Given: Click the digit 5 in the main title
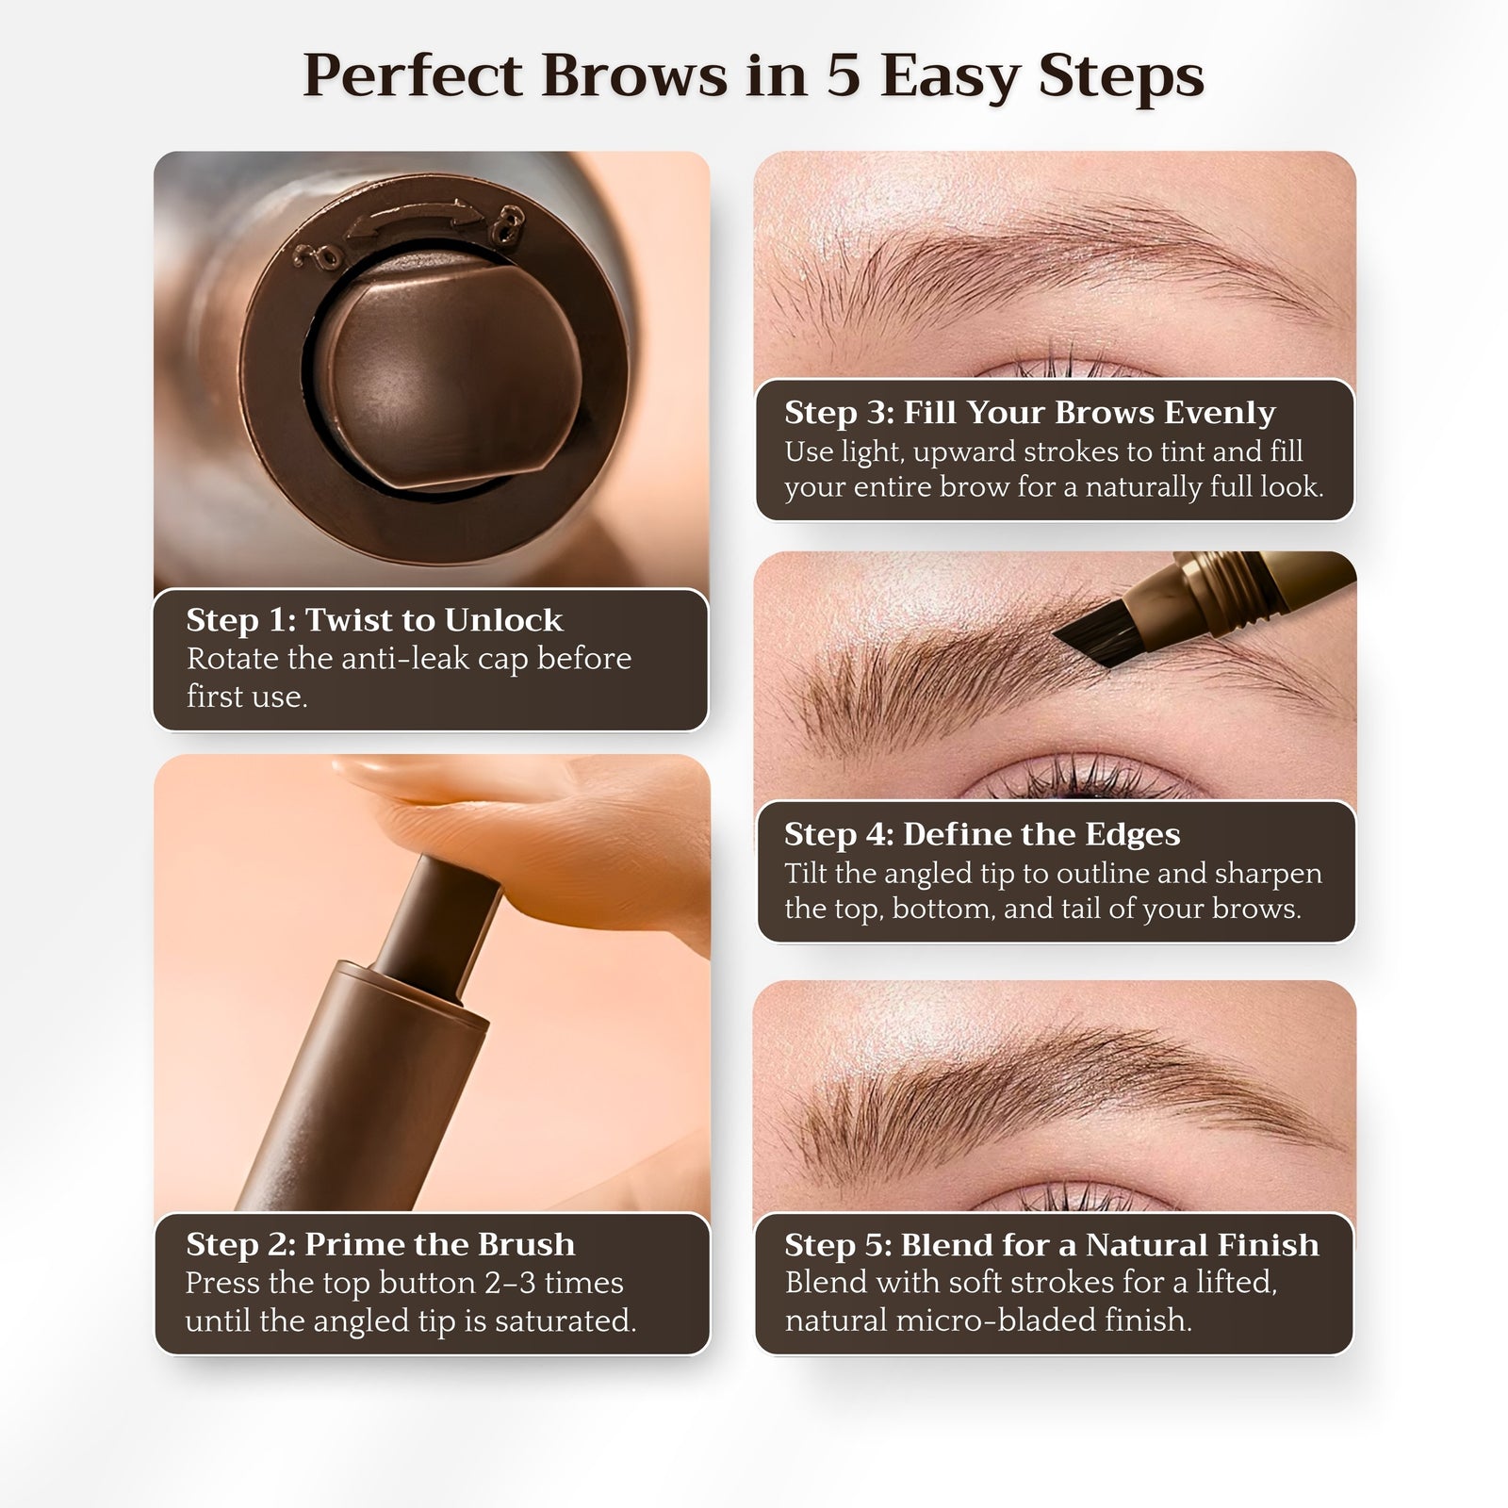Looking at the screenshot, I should tap(844, 75).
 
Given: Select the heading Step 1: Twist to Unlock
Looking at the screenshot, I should tap(374, 620).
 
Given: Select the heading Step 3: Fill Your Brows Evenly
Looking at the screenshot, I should tap(1029, 413).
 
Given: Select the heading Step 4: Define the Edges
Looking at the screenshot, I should tap(981, 834).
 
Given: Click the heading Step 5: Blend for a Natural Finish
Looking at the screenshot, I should tap(1051, 1244).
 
